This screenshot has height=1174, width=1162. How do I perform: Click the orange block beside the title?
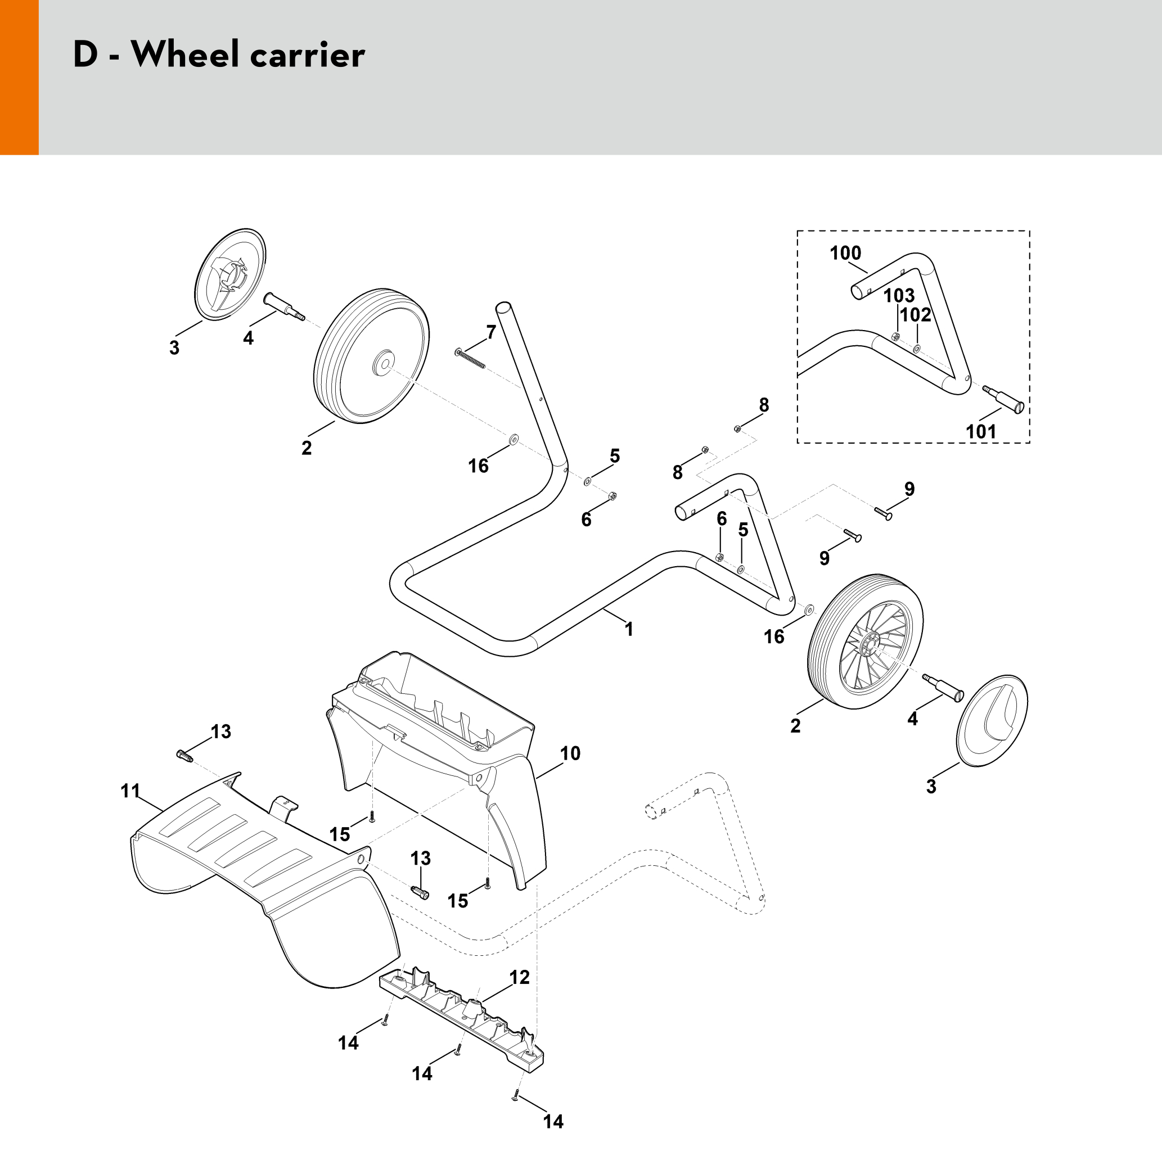point(19,78)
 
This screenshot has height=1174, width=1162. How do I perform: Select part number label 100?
point(845,253)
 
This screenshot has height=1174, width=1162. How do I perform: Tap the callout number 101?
point(981,431)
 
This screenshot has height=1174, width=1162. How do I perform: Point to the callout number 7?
point(491,332)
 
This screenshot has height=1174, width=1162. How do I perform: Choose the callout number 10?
point(570,753)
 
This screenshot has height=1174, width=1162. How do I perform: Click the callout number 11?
point(130,791)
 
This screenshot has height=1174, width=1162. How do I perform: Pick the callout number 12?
point(520,977)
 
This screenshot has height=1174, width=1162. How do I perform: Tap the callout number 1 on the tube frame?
point(629,629)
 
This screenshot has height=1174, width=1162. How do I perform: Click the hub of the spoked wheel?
point(872,642)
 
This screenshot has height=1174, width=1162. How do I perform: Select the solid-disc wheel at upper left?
point(371,356)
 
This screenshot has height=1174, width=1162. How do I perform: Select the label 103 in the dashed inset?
point(899,295)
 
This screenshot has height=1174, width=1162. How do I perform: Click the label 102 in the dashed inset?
point(915,315)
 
